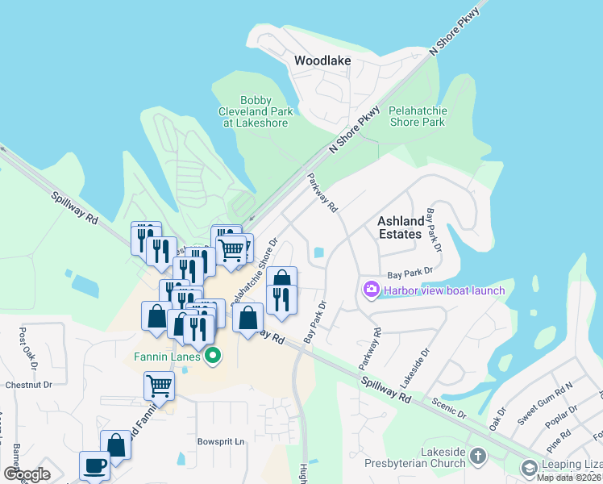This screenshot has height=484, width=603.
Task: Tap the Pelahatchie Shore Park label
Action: pos(417,116)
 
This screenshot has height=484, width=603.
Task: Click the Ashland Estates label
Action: pos(401,227)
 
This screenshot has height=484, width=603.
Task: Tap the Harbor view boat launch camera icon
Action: pos(372,290)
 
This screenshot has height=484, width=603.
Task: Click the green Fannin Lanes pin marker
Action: pos(214,355)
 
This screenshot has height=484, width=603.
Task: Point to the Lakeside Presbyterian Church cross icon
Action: pos(478,456)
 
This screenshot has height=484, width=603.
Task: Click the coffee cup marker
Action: pos(95,465)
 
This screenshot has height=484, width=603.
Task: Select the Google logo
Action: pos(27,474)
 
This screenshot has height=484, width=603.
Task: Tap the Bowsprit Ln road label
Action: pos(221,442)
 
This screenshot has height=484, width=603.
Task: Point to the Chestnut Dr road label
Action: pos(28,385)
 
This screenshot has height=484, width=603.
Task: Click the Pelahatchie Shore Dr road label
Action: pos(253,273)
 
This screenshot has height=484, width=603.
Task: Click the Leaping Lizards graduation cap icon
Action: pos(530,468)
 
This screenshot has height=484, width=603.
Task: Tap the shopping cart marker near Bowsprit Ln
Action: pos(160,386)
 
